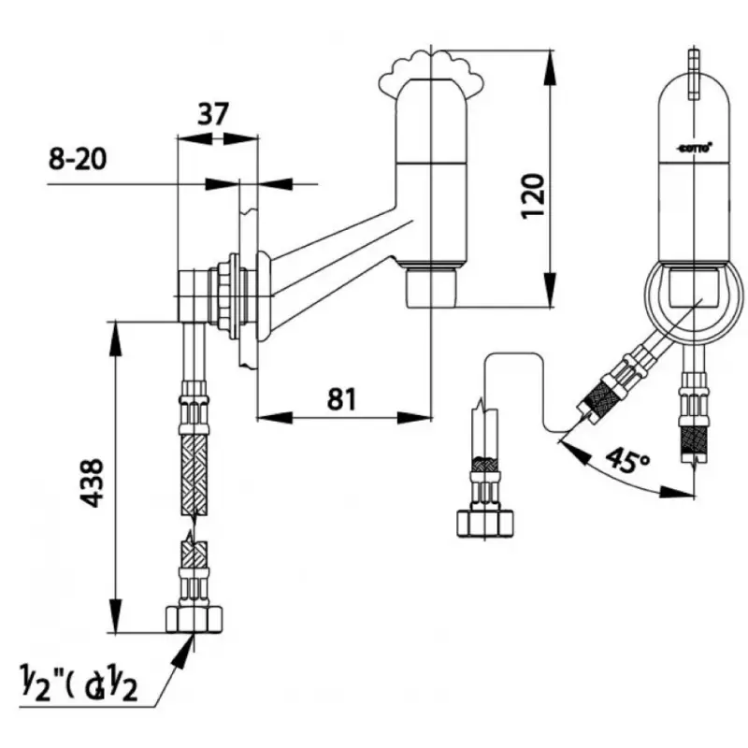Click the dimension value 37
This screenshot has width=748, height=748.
(213, 114)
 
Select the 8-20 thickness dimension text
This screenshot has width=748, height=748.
(77, 159)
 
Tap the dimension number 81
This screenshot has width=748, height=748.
(342, 399)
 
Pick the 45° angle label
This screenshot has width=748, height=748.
(626, 460)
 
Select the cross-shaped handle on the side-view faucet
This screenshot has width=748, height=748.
(432, 70)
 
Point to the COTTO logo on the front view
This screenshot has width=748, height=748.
(694, 147)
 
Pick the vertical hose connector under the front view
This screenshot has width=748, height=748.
(696, 411)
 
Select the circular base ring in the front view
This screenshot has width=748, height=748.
(694, 300)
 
